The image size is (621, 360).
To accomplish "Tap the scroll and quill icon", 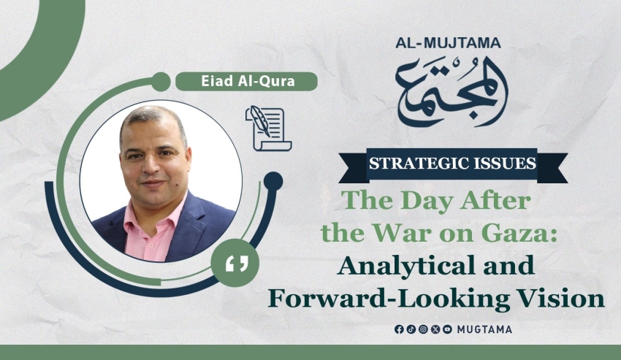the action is [x=269, y=129].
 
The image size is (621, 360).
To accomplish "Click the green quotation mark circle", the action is [x=235, y=263].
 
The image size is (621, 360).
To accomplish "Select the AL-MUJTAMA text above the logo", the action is [x=448, y=43].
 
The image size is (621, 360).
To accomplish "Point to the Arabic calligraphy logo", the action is [x=452, y=92].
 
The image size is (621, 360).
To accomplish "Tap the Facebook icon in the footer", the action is [x=399, y=329].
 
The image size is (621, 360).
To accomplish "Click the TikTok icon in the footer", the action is [x=411, y=329].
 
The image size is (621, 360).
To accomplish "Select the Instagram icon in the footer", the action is [x=423, y=329].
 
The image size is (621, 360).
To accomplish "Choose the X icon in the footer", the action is [x=435, y=329].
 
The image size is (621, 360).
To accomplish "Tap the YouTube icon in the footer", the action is [x=447, y=329].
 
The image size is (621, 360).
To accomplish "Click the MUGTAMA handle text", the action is [x=484, y=329].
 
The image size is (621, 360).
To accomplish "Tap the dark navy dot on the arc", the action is [x=273, y=181].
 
